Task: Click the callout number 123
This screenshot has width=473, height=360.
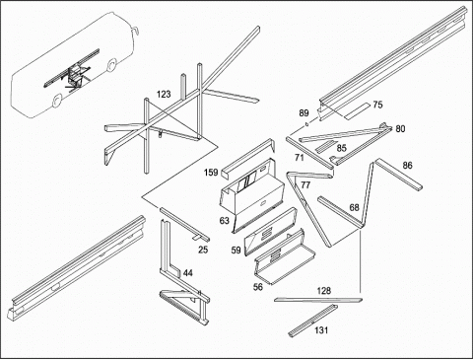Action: pos(164,95)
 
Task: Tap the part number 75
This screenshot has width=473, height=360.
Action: pos(377,105)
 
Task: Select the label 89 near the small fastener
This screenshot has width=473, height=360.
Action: pos(304,113)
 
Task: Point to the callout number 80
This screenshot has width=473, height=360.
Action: pos(400,129)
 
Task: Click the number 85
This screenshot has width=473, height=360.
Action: pos(342,148)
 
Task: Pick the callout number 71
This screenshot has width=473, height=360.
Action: pos(299,158)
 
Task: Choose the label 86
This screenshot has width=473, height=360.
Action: pos(407,166)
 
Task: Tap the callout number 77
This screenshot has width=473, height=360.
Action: pos(305,185)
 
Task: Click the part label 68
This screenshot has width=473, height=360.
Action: pos(354,207)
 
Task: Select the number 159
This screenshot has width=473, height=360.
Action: pos(211,173)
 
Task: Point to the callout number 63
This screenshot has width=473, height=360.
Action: pos(224,221)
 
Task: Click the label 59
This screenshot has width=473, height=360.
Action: pos(236,251)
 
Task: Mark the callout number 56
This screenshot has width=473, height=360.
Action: pos(258,287)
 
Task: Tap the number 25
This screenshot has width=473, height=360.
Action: pos(203,250)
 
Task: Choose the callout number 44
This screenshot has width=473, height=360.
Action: pos(188,273)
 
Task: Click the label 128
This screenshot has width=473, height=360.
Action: pos(324,291)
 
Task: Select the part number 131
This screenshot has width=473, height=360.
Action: pos(321,329)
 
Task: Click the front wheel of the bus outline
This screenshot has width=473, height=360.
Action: pos(112,65)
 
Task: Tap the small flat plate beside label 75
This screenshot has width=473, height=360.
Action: pos(357,111)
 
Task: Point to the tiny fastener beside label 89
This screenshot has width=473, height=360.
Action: pos(306,124)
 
